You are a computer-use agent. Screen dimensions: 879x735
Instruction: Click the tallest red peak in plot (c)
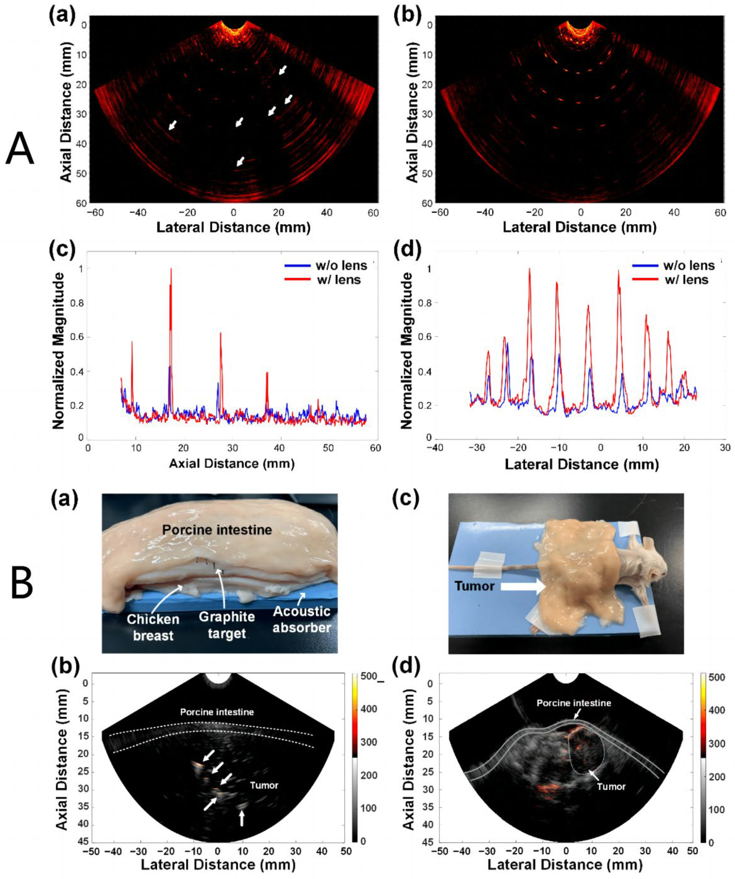click(x=171, y=270)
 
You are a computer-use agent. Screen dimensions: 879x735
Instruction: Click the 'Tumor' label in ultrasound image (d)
click(x=611, y=787)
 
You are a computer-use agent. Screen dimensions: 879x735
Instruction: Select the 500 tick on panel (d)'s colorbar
click(x=717, y=677)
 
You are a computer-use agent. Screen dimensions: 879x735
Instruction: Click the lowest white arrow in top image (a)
click(x=240, y=161)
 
